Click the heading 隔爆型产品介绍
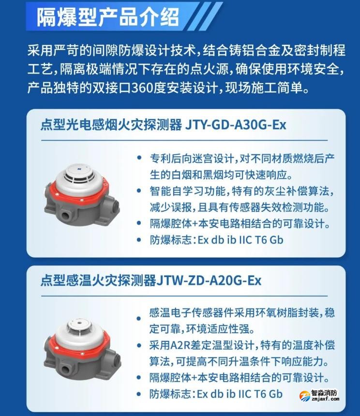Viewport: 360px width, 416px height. [x=108, y=17]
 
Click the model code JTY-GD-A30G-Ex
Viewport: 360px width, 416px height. [x=236, y=125]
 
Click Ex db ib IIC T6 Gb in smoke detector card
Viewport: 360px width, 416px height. [x=240, y=240]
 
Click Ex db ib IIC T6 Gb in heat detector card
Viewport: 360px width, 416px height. [x=240, y=394]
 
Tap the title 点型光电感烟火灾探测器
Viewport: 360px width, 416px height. [x=110, y=125]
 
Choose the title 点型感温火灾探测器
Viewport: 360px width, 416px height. [x=98, y=281]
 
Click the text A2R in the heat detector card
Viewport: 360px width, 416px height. [x=180, y=346]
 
